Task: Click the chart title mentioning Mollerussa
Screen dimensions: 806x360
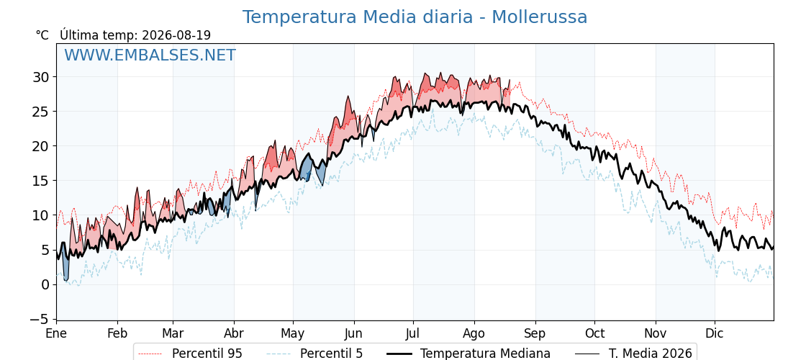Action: point(415,17)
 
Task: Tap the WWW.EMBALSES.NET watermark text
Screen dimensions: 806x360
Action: point(150,55)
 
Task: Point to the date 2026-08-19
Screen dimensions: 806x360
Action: point(176,35)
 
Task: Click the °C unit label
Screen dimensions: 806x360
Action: point(42,35)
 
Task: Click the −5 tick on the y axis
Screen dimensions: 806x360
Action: point(39,320)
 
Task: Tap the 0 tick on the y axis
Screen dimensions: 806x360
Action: point(46,285)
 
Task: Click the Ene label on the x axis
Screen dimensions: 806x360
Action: point(56,334)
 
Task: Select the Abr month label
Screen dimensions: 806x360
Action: point(234,334)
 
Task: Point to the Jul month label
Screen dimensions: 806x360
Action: point(413,334)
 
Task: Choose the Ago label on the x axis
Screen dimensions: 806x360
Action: point(474,334)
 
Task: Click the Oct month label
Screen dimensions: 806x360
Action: point(594,334)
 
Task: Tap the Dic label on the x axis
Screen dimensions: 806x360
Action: point(715,334)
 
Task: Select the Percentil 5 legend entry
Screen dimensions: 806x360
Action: point(314,354)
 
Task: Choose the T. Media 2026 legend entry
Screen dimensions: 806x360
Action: point(633,354)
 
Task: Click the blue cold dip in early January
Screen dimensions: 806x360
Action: point(65,267)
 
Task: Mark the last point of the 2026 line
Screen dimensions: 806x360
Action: point(510,80)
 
